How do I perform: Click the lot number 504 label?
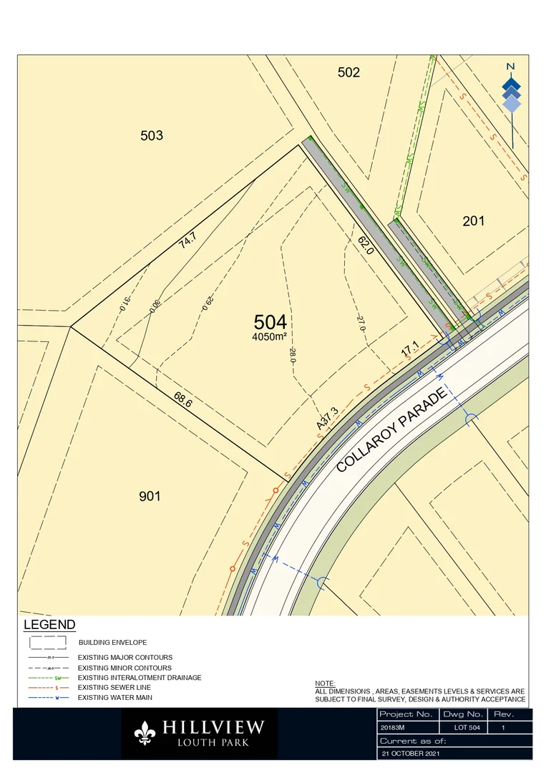pos(270,322)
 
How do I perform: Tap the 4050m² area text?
pos(270,336)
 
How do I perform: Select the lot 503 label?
pos(152,135)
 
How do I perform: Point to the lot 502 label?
pos(348,72)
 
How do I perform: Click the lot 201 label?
pos(473,220)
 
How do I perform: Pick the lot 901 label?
pos(150,496)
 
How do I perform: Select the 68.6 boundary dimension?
pos(182,399)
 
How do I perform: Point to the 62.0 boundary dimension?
pos(366,246)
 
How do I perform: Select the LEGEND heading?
pos(49,625)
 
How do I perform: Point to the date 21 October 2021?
pos(410,754)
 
